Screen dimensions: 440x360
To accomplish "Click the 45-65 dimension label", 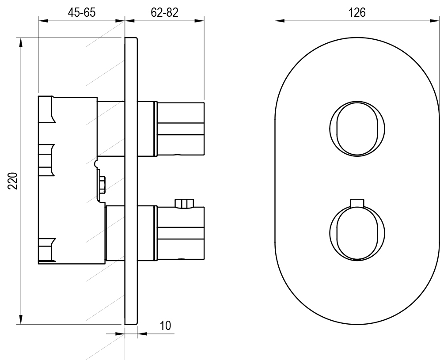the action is (x=82, y=13).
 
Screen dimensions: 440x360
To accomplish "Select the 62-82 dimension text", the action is (x=164, y=13).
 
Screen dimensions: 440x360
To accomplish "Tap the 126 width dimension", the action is (x=357, y=13).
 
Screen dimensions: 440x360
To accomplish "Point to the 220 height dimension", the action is (x=13, y=181).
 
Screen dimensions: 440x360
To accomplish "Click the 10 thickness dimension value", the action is (x=165, y=326).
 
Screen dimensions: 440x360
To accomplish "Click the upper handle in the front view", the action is (x=357, y=129).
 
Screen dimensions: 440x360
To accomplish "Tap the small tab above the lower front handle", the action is (x=357, y=203).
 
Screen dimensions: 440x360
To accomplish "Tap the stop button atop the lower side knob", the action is (x=184, y=204).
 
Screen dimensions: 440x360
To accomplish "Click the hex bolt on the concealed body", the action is (x=102, y=185).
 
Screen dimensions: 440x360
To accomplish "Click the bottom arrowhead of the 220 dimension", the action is (x=20, y=320).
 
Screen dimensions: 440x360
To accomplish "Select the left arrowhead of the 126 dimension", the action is (x=280, y=20).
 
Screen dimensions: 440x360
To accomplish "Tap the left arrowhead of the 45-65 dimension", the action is (x=43, y=20).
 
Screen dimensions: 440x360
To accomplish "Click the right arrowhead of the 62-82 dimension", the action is (x=199, y=20).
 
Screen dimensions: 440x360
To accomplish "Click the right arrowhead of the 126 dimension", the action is (x=435, y=20).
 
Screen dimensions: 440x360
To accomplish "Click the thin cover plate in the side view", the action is (x=131, y=181).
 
